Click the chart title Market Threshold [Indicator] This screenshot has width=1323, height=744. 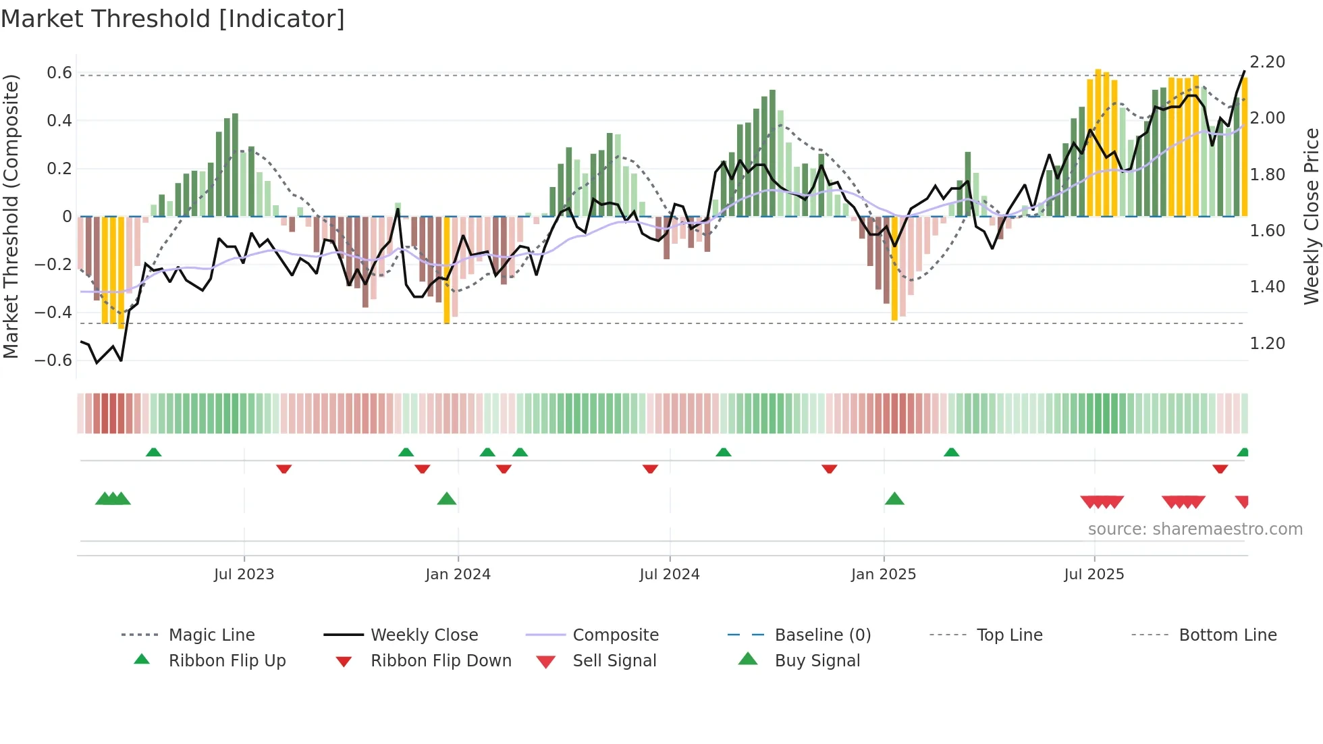(x=173, y=19)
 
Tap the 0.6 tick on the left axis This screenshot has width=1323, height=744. (x=59, y=73)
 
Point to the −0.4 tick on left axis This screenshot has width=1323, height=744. (x=53, y=313)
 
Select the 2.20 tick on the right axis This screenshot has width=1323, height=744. (x=1267, y=62)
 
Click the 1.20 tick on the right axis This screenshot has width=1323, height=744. (x=1267, y=344)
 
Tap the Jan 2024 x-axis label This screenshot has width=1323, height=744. (x=458, y=575)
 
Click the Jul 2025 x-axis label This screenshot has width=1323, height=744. (x=1093, y=575)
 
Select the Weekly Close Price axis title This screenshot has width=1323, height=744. (x=1311, y=216)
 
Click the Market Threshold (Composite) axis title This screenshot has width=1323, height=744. (x=11, y=216)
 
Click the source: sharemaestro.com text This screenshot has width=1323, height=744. (x=1195, y=529)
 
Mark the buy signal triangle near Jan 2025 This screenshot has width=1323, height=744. (x=894, y=500)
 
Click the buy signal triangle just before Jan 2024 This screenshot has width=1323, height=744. (x=447, y=500)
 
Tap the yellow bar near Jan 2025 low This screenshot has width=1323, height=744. (x=894, y=270)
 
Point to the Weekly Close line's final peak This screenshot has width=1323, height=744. (x=1244, y=72)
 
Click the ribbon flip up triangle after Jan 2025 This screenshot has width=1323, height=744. (x=951, y=452)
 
